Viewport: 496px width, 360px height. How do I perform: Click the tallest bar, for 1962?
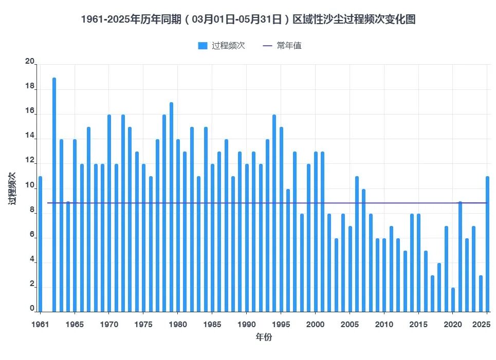tap(54, 195)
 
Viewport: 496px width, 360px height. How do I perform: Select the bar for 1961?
tap(40, 244)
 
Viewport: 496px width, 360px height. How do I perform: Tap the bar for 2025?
tap(487, 244)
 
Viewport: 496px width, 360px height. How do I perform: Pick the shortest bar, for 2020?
tap(453, 300)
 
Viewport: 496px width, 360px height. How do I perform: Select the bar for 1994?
tap(274, 214)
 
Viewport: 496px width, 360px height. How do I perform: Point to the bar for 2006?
tap(357, 244)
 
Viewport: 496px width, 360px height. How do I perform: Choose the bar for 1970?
tap(109, 214)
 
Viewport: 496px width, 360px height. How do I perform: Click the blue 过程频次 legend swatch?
tap(203, 46)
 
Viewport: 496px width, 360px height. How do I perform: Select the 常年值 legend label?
tap(289, 46)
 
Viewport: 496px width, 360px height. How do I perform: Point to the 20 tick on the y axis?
tap(30, 62)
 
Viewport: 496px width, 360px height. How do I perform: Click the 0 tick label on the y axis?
tap(32, 308)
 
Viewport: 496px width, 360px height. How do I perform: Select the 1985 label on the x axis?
tap(212, 325)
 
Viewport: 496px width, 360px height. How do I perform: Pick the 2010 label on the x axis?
tap(384, 325)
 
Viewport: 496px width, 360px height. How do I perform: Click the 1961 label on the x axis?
tap(40, 325)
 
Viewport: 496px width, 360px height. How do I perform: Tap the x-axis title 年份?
tap(264, 337)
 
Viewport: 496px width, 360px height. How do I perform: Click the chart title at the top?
tap(248, 20)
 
